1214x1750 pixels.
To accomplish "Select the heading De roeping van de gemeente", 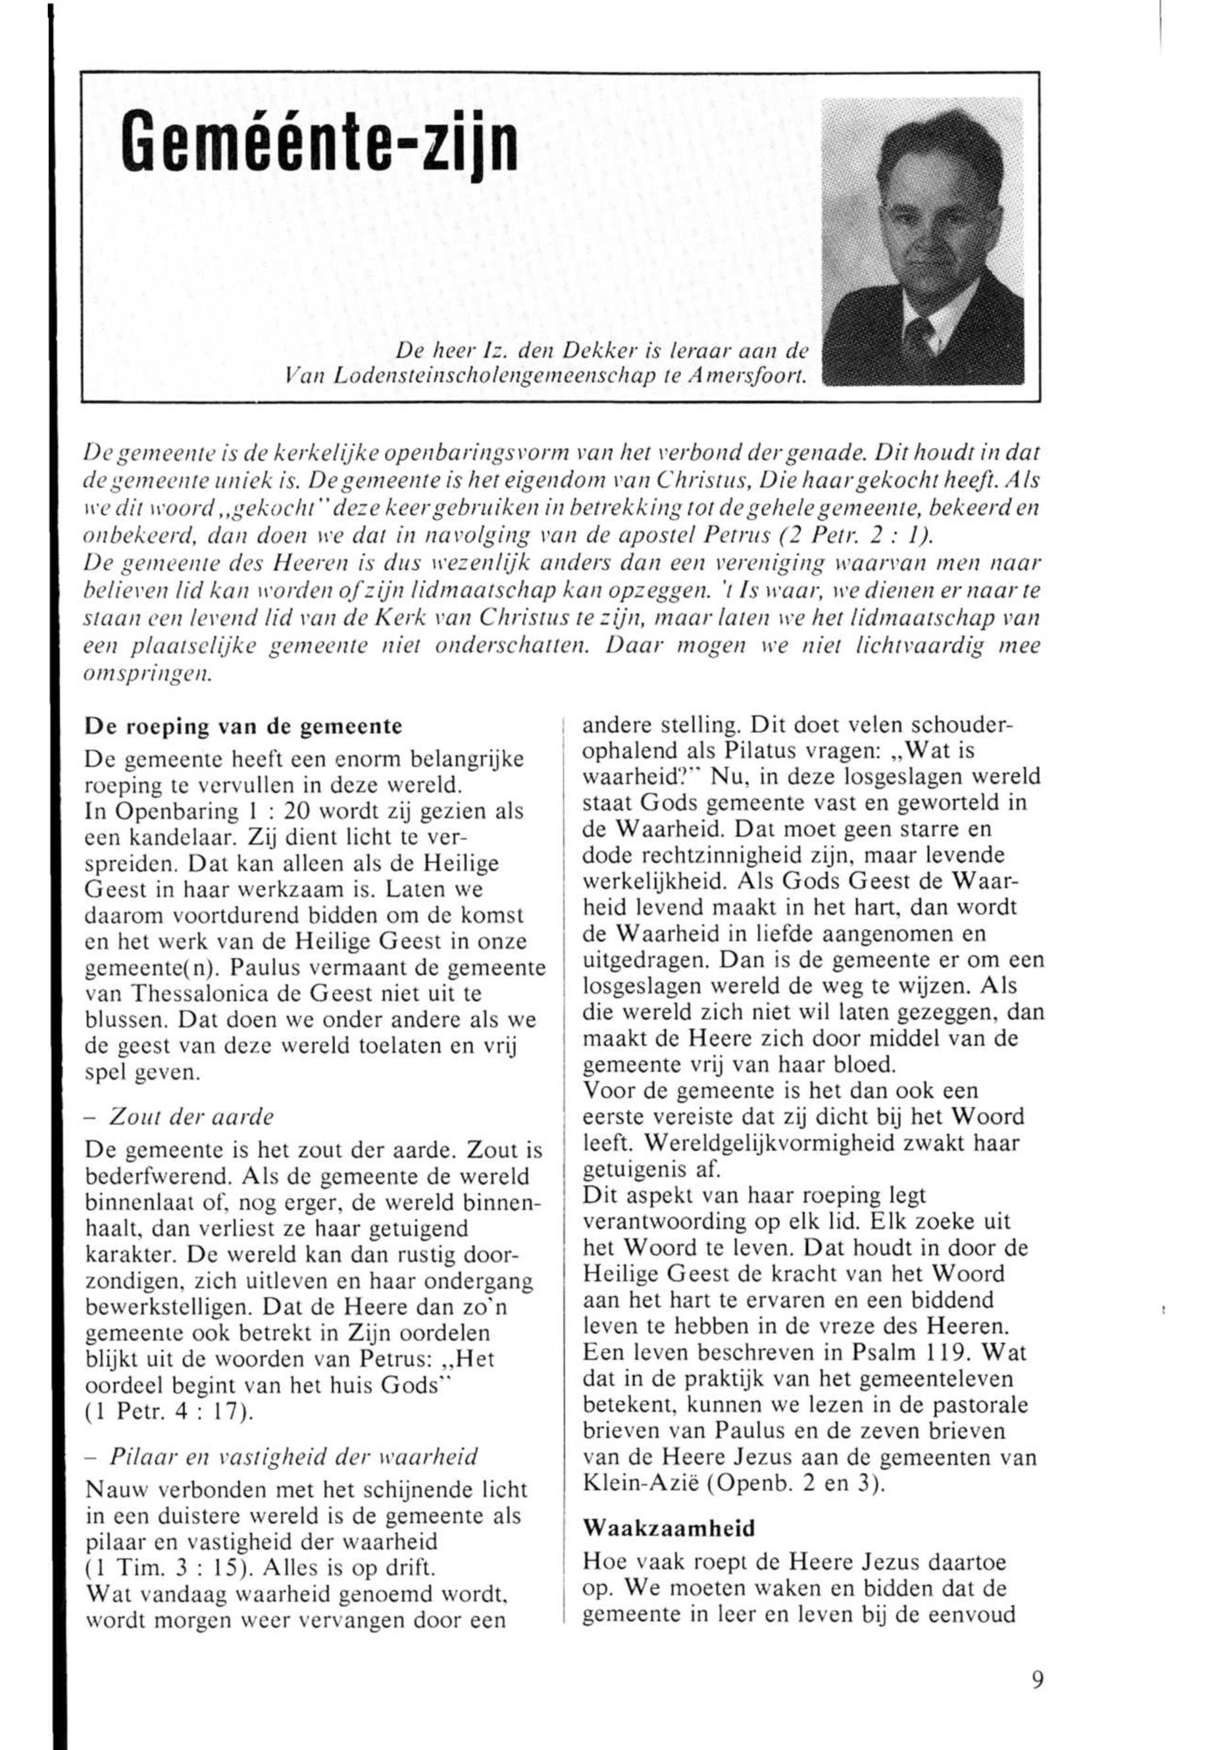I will pos(243,726).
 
